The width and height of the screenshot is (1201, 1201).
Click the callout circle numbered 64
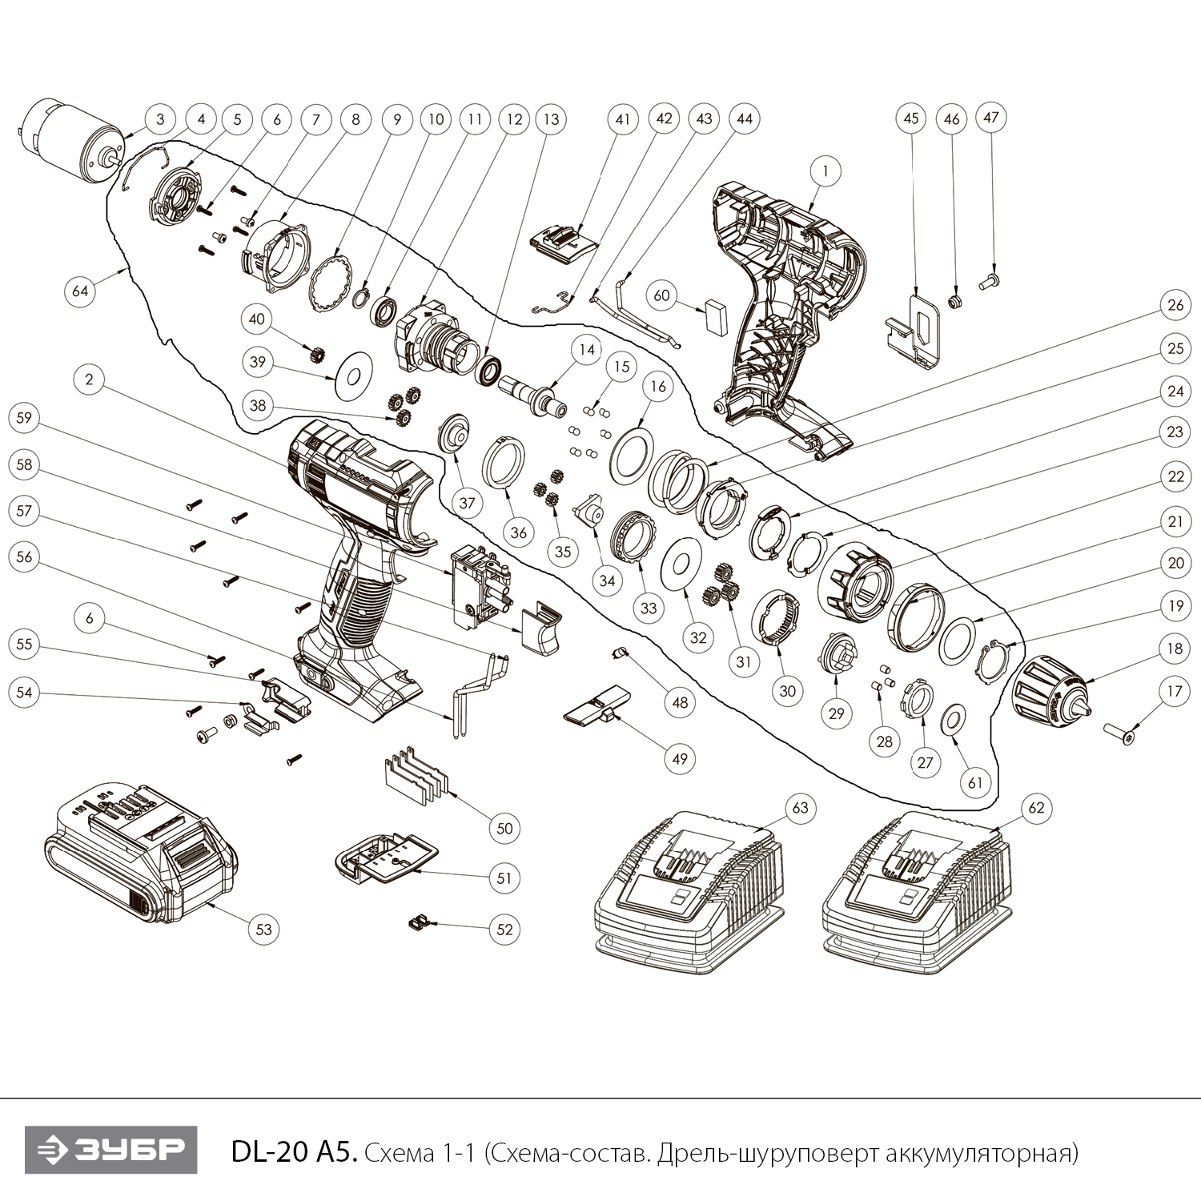tap(81, 291)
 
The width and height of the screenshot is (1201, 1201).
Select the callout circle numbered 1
tap(825, 170)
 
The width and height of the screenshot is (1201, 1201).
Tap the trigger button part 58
tap(541, 627)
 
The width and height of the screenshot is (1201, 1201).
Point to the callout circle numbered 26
tap(1175, 307)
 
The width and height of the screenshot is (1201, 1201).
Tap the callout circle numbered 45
tap(910, 118)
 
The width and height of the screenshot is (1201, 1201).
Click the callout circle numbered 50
tap(504, 828)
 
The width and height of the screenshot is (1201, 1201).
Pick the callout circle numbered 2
tap(89, 380)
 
